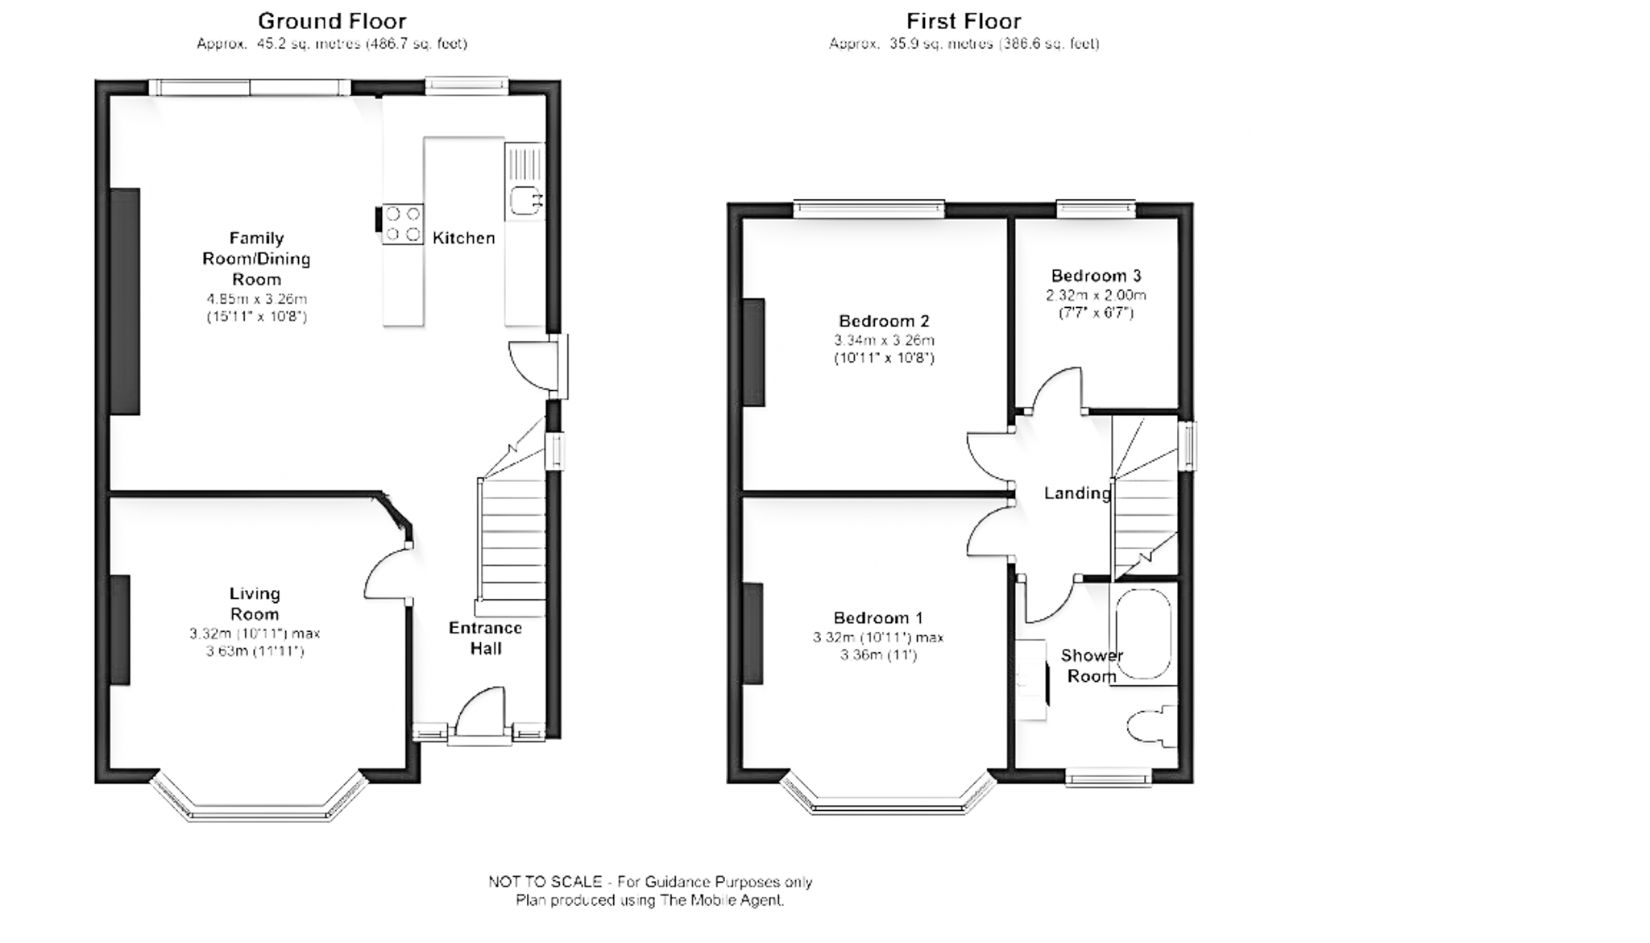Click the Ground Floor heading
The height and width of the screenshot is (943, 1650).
tap(332, 21)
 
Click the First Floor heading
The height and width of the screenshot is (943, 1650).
tap(964, 21)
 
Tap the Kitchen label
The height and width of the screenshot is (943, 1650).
tap(463, 238)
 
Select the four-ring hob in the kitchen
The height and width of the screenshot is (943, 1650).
tap(403, 224)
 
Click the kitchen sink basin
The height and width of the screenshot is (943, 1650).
tap(524, 201)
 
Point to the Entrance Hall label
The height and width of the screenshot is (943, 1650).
tap(485, 638)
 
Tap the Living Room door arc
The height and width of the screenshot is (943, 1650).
tap(385, 574)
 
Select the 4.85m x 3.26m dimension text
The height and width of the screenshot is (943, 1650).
tap(256, 299)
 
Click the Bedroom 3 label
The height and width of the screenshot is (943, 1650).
tap(1096, 276)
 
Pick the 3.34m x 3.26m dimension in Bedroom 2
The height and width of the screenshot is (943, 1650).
tap(884, 340)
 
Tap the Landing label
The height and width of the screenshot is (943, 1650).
tap(1077, 493)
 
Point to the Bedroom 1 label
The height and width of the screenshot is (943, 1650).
tap(877, 618)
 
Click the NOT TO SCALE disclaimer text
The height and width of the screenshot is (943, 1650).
tap(649, 882)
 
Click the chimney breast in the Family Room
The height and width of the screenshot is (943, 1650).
tap(125, 301)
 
